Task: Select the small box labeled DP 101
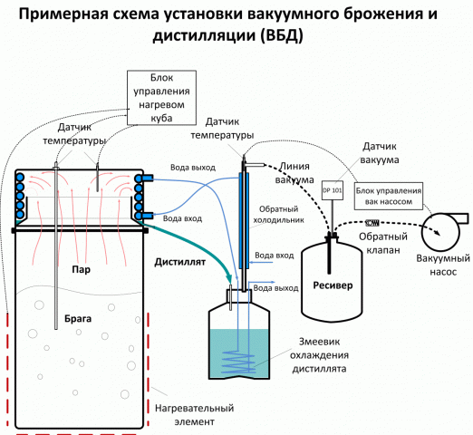(x=333, y=191)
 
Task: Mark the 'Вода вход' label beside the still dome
(x=181, y=218)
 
